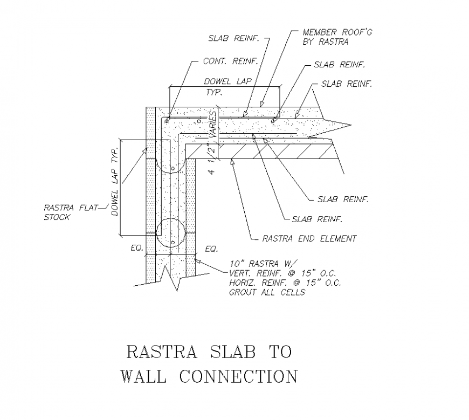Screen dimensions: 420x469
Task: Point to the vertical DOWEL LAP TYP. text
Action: (114, 182)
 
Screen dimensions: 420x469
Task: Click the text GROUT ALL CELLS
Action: (267, 292)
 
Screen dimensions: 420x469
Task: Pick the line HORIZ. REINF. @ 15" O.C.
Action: (285, 283)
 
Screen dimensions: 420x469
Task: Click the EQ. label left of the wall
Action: (136, 249)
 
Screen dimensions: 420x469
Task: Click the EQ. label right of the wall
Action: (211, 249)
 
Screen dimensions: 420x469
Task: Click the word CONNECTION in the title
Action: (238, 376)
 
